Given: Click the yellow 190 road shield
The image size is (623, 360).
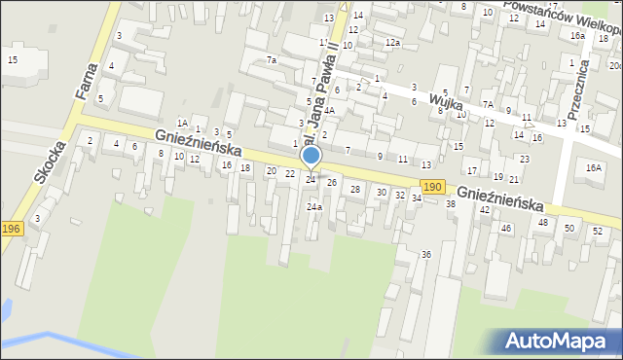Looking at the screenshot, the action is tap(432, 186).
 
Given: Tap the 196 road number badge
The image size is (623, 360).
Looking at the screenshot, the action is tap(11, 228).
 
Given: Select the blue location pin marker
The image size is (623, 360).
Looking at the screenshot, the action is tap(311, 157).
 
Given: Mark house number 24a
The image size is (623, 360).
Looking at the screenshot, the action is tap(313, 207).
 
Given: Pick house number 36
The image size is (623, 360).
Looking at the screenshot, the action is tap(425, 254).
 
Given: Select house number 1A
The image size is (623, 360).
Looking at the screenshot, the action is tap(181, 123).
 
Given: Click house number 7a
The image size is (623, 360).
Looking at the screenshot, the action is tap(273, 60).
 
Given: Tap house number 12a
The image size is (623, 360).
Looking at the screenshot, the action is tap(392, 43).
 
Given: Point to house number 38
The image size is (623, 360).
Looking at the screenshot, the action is tap(451, 204).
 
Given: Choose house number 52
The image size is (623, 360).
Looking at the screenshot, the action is tap(597, 231).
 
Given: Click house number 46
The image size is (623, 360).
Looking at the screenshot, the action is tap(505, 228).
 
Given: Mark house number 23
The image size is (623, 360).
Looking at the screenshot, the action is tap(525, 159).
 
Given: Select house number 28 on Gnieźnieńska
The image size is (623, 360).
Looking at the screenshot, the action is tap(355, 189).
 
